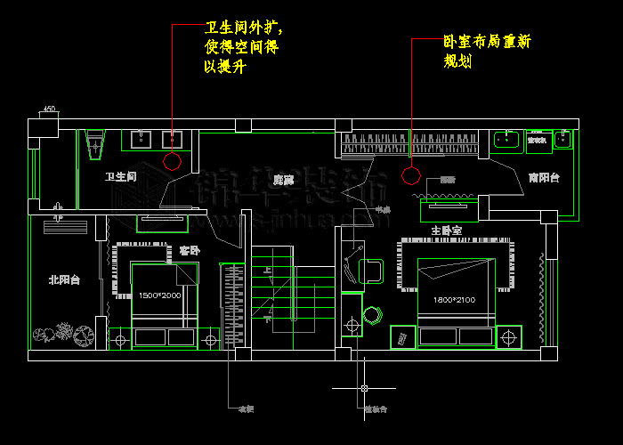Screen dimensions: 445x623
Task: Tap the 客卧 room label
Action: (x=189, y=251)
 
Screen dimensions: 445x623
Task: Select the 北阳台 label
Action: (x=64, y=279)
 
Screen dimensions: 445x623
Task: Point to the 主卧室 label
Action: (x=446, y=231)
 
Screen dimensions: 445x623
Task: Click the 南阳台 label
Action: (x=543, y=178)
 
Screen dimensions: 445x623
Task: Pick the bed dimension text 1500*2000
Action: (x=159, y=295)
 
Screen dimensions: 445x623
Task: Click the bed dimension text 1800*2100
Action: (x=454, y=300)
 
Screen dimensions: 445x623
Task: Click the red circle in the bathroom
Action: (x=173, y=162)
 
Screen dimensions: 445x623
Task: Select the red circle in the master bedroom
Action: (x=410, y=174)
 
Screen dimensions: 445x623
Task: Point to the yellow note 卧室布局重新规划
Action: (x=488, y=53)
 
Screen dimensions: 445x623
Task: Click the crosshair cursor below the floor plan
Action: (x=364, y=389)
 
